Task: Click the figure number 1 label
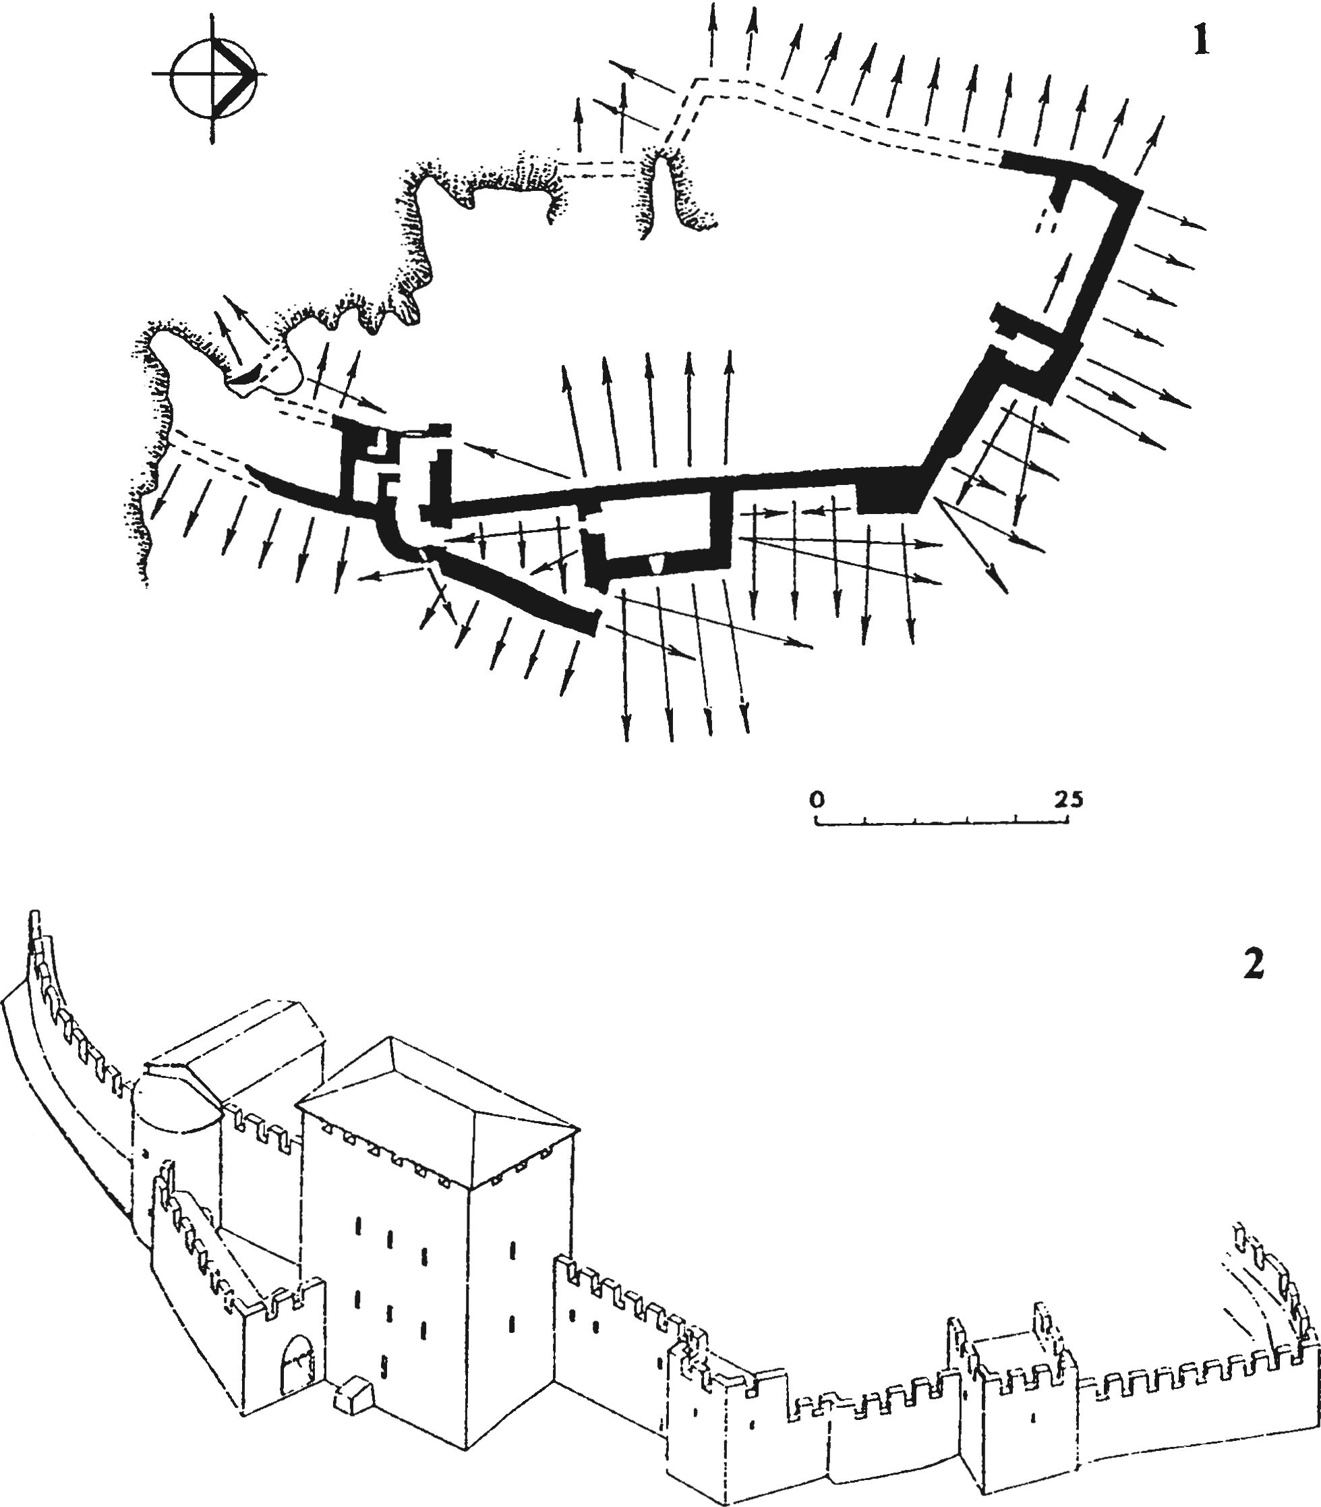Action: click(1201, 42)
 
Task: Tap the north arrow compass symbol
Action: click(214, 74)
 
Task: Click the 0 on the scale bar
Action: click(817, 799)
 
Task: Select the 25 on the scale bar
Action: click(1067, 799)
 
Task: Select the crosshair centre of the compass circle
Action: click(214, 74)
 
